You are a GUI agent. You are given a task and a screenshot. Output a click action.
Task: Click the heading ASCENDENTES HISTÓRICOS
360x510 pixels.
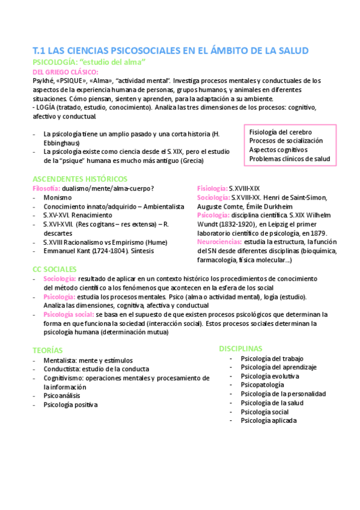point(79,179)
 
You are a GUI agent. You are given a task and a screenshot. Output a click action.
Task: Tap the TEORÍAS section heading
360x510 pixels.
point(47,350)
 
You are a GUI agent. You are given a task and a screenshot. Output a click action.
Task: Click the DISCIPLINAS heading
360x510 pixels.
point(240,348)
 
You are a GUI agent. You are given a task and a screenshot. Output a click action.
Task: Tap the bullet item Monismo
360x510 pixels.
point(58,197)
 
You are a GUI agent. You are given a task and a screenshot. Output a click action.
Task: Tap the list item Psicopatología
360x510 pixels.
point(262,385)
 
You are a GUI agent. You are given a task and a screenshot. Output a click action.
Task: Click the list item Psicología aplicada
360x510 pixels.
point(268,420)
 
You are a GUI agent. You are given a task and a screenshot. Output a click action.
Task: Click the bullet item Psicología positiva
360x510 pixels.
point(70,405)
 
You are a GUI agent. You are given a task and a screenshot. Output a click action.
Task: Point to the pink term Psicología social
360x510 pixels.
point(69,315)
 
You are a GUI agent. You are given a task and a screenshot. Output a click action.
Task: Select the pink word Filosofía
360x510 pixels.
point(46,188)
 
